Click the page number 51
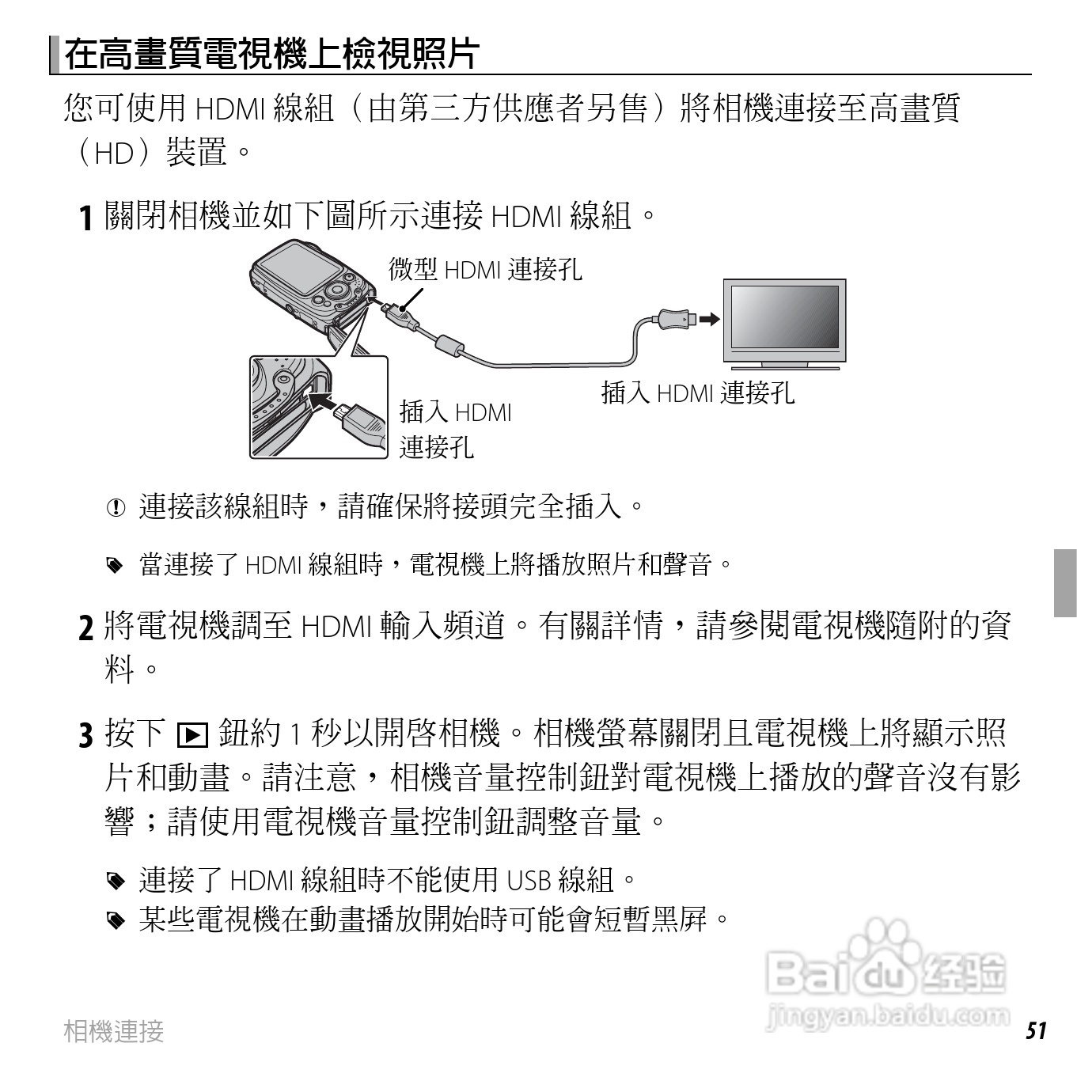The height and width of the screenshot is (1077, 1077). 1036,1031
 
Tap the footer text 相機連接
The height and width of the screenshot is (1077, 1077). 114,1031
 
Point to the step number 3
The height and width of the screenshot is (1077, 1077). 87,735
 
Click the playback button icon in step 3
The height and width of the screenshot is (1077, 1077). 192,735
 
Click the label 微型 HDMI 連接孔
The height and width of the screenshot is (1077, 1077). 485,270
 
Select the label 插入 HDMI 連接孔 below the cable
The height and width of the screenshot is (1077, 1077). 697,392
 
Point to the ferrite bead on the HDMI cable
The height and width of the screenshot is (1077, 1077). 449,345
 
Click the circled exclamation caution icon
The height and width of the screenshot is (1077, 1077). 116,507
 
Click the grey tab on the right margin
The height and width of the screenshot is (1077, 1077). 1065,582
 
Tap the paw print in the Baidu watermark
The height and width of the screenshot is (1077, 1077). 882,946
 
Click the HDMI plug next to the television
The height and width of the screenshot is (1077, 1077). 676,320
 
